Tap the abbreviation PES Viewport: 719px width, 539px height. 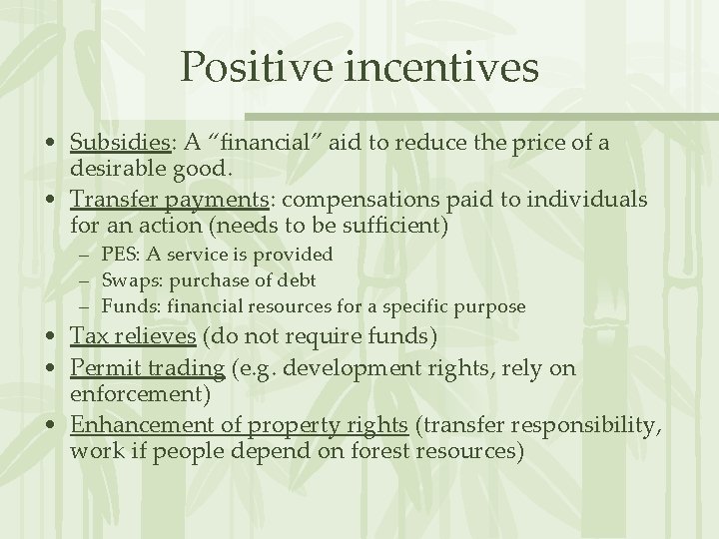pyautogui.click(x=117, y=256)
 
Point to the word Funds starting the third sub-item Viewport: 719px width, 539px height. pyautogui.click(x=125, y=306)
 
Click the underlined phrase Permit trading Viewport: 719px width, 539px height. pyautogui.click(x=147, y=368)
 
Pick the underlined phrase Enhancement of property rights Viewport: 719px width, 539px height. pyautogui.click(x=239, y=425)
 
